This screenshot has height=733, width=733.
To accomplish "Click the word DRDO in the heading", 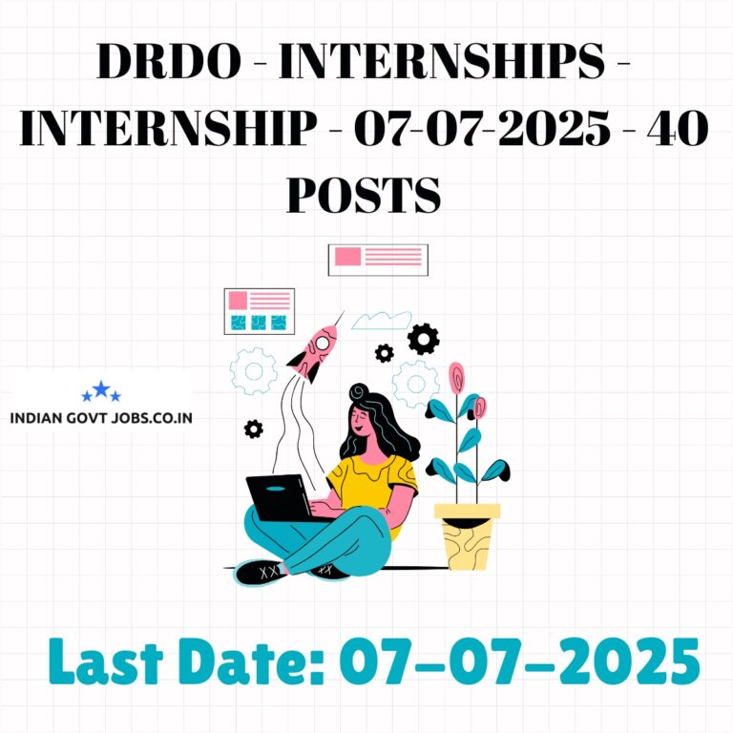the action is point(169,61).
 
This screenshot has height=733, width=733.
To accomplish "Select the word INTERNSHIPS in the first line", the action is point(442,61).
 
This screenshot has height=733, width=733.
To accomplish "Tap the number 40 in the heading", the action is point(679,128).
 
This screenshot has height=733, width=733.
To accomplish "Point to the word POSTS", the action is point(364,195).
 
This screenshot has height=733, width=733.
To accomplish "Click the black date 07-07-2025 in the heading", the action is point(482,128).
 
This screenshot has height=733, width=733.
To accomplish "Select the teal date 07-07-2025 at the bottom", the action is point(519,660).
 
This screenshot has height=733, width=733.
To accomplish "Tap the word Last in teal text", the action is point(106,660).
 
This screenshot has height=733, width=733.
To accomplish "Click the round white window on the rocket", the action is point(322,344).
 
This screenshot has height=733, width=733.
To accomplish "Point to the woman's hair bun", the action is point(359,392).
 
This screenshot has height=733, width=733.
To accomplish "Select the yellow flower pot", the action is point(467,536).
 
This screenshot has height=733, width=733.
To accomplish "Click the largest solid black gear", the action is point(423,339).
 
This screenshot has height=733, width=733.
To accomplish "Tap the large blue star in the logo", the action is point(101,389).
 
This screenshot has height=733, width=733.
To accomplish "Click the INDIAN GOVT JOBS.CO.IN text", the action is point(101,418).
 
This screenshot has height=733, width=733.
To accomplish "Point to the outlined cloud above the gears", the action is point(382,321).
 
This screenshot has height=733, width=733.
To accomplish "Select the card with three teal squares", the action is point(260,311).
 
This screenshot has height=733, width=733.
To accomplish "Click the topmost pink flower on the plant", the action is point(456,378).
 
